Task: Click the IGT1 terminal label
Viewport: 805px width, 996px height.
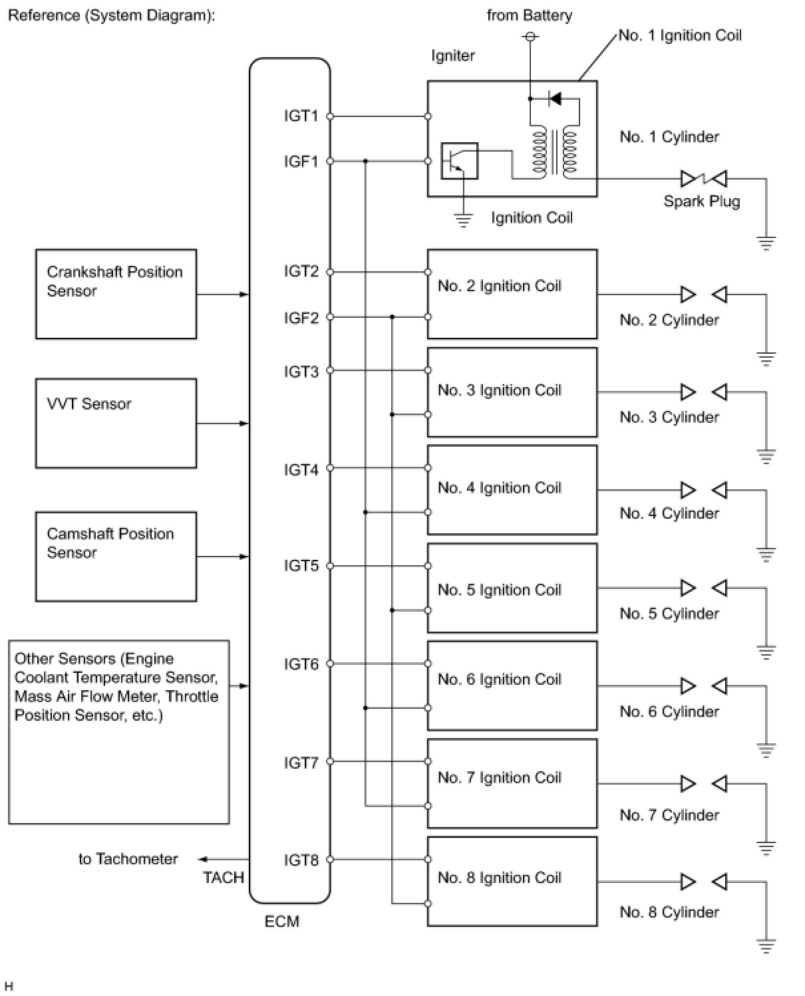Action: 301,116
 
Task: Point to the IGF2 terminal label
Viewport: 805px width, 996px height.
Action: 301,318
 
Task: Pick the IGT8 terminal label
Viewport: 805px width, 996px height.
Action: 301,860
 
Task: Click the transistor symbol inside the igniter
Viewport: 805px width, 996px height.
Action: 459,161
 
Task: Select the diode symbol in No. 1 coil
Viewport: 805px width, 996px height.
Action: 556,98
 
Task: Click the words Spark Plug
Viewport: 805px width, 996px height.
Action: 702,201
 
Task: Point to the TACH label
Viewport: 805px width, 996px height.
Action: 223,878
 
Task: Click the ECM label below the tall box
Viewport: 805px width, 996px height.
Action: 281,922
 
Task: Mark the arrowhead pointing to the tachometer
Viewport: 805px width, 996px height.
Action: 202,859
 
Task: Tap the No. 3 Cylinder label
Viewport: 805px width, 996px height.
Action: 669,417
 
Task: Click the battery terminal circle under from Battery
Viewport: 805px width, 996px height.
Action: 530,36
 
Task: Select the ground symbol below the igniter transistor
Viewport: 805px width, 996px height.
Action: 463,220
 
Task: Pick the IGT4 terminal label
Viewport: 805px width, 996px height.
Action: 301,470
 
